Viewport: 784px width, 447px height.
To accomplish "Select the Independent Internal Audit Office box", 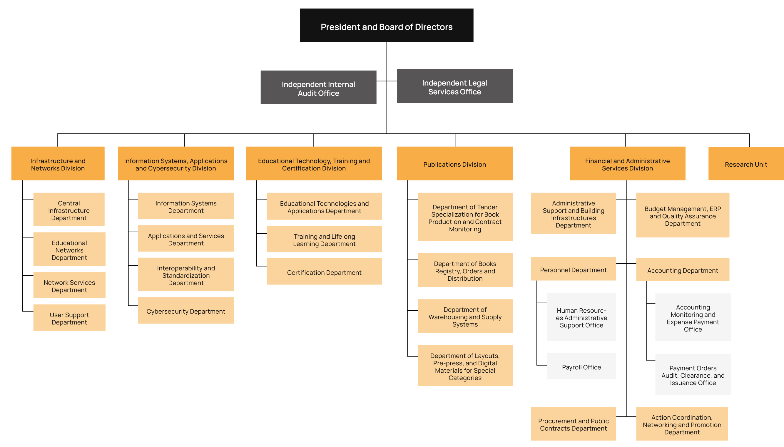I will [x=318, y=88].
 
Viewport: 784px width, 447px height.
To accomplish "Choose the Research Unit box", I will [x=745, y=164].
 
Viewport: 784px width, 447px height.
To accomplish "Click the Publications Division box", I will [x=454, y=164].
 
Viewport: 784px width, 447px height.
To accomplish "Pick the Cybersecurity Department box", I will [x=185, y=311].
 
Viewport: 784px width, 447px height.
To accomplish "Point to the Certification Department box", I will [x=324, y=272].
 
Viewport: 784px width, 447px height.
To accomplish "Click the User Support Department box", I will [x=69, y=318].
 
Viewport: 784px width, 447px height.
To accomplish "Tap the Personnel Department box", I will [x=573, y=269].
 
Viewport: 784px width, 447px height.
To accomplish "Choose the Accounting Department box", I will [x=682, y=270].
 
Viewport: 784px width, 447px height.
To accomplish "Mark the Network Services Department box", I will [x=69, y=286].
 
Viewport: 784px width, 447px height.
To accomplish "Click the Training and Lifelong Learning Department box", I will [x=324, y=240].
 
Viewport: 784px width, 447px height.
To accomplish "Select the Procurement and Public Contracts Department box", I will [x=573, y=424].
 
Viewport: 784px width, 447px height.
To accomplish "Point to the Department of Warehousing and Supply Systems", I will [x=465, y=316].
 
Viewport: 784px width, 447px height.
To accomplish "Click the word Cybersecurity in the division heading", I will [x=176, y=168].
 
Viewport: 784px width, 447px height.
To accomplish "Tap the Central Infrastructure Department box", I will [x=69, y=210].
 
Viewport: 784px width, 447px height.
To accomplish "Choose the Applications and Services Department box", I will [x=186, y=239].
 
